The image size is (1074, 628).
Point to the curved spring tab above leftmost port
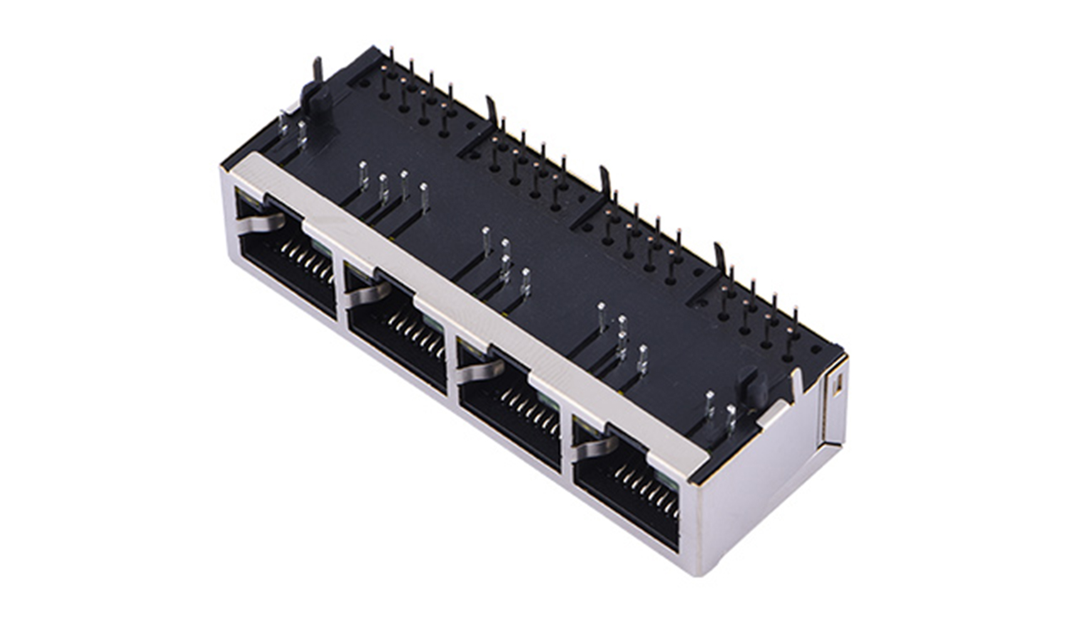261,221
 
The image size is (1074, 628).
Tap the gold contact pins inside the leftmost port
308,261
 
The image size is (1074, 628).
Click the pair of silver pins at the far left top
293,129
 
